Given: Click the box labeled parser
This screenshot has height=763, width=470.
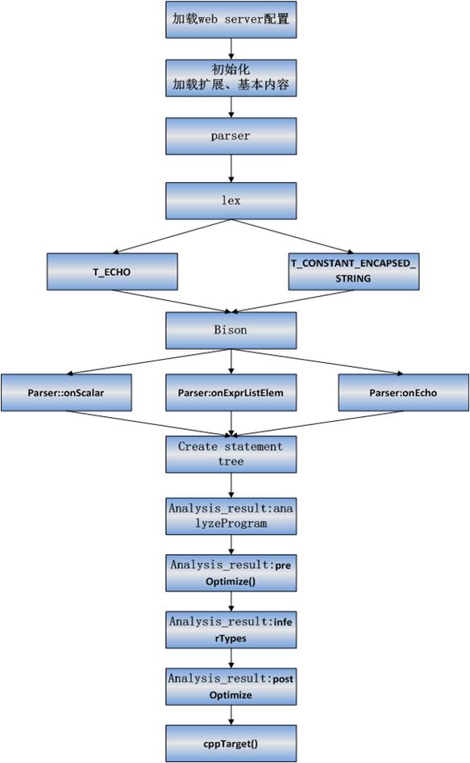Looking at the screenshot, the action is tap(231, 136).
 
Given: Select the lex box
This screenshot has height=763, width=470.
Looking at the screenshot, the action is tap(231, 201).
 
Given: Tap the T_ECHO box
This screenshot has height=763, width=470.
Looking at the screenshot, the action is tap(112, 272).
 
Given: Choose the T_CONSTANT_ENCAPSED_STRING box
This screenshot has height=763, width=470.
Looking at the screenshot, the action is tap(354, 272).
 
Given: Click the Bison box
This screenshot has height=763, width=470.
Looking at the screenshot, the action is tap(231, 331).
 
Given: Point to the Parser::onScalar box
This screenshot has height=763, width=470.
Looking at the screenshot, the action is tap(66, 393).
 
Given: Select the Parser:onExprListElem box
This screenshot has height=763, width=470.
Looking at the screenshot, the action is tap(231, 393).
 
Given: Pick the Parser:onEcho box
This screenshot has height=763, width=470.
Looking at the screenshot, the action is tap(404, 393).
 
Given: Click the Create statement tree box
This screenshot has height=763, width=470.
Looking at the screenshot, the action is tap(231, 454).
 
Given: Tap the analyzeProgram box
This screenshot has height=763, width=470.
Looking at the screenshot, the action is tap(231, 516).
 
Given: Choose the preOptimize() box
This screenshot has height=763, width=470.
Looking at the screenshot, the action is tap(231, 573).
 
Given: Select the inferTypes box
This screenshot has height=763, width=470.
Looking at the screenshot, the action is tap(231, 630).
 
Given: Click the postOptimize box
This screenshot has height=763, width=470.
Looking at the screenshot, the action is tap(231, 686).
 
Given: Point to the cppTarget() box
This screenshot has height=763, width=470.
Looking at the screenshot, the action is tap(231, 744).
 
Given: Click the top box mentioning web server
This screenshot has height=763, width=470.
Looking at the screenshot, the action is tap(231, 19).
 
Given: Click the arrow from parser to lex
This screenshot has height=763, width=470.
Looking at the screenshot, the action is tap(231, 169).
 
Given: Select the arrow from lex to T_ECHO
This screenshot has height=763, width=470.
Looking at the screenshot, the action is tap(172, 236).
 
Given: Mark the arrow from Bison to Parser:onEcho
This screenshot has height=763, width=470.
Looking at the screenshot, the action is tap(317, 362).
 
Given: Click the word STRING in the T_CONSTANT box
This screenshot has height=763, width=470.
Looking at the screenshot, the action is tap(353, 279).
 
